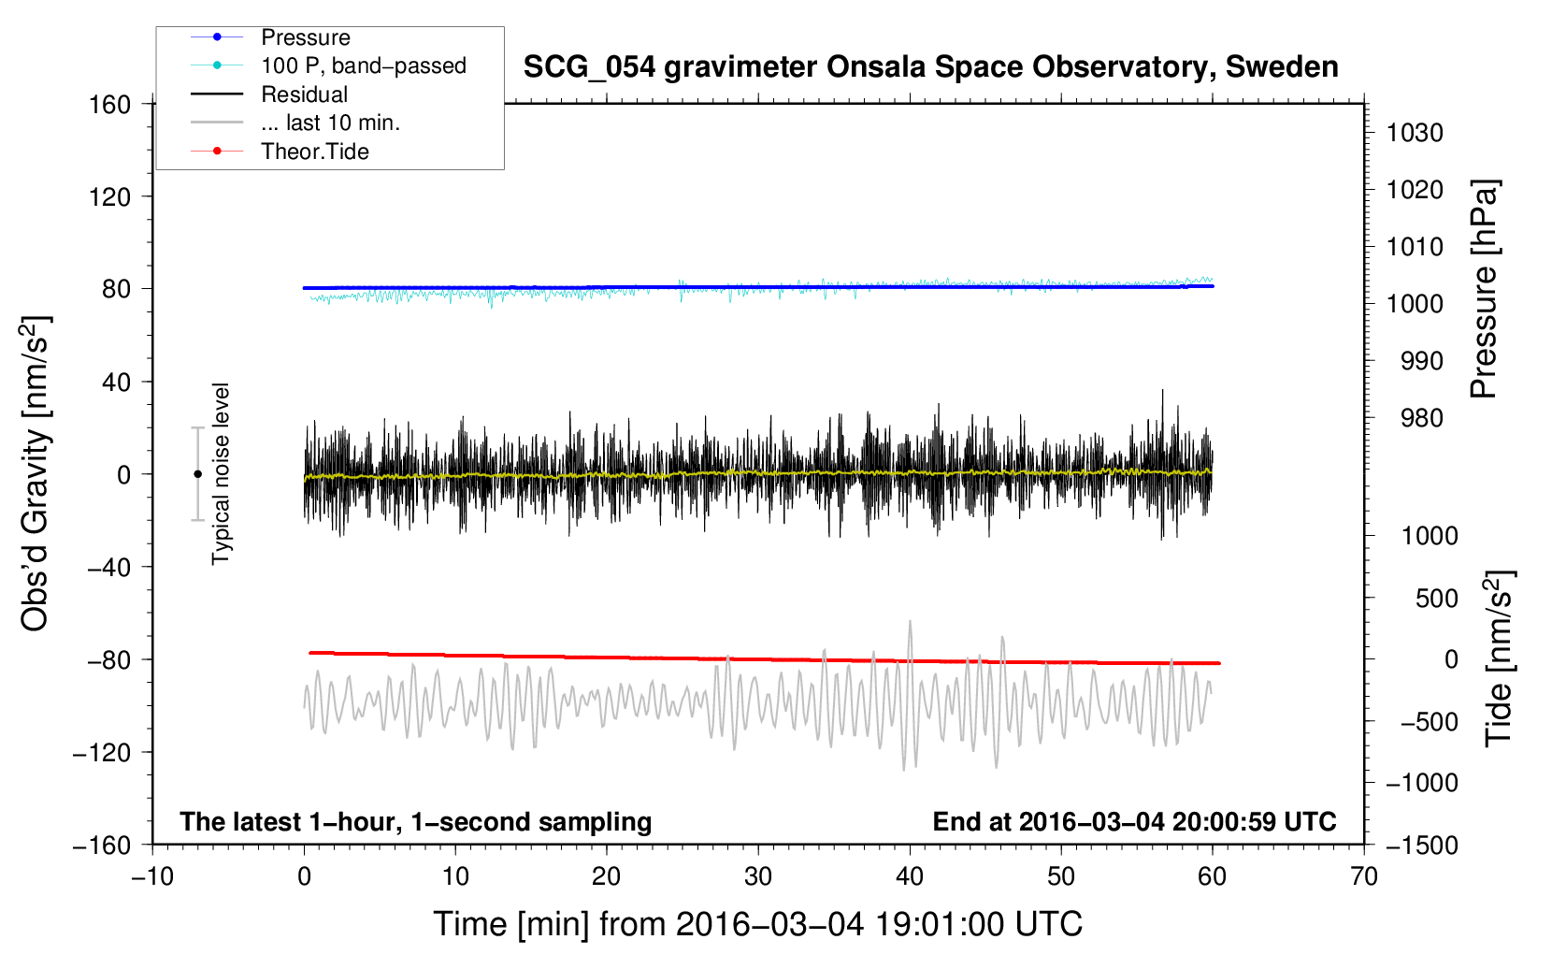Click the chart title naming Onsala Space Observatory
click(930, 67)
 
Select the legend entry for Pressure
click(305, 37)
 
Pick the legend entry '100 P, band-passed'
click(363, 65)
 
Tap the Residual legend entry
click(304, 94)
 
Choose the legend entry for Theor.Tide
click(314, 152)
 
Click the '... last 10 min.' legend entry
click(330, 123)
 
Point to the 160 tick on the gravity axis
click(110, 105)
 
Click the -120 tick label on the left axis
click(102, 753)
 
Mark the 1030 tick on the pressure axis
click(1415, 133)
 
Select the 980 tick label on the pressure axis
click(1421, 418)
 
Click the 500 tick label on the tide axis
click(1436, 598)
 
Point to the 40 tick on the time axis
click(910, 876)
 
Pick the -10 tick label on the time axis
click(152, 876)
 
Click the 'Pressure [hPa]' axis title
click(1484, 289)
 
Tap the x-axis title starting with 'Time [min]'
click(757, 924)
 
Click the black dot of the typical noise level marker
click(198, 474)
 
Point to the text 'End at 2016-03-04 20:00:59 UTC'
click(1134, 821)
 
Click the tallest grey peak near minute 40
click(910, 621)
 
